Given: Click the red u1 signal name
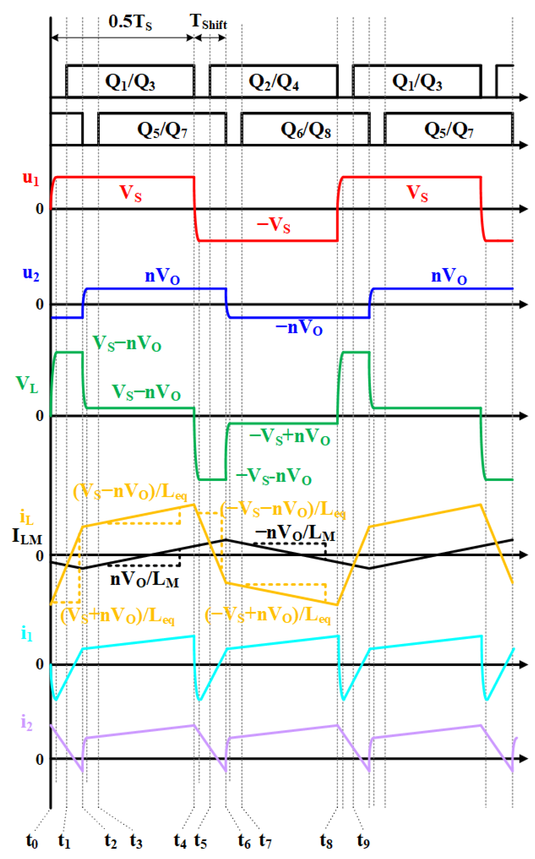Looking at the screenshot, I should click(x=31, y=178).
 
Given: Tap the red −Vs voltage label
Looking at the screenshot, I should click(x=273, y=225).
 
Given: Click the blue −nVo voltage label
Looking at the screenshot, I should click(x=299, y=327).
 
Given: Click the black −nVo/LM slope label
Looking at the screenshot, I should click(x=295, y=533).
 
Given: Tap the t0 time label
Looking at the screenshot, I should click(x=32, y=841).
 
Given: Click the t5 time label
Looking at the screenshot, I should click(x=200, y=841).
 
